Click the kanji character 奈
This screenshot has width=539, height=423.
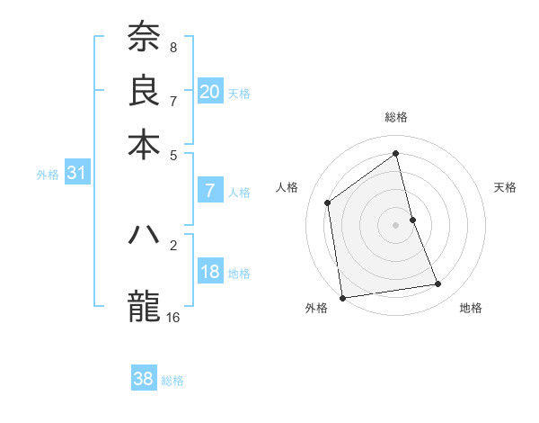click(144, 39)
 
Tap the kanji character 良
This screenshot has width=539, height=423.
click(144, 91)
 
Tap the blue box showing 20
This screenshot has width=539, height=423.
click(210, 92)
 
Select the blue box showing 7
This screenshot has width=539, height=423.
click(210, 191)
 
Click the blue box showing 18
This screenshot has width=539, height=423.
click(210, 272)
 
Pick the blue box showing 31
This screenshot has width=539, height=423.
click(76, 174)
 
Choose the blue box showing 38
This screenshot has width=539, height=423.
click(144, 379)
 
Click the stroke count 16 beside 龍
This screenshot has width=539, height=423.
click(173, 317)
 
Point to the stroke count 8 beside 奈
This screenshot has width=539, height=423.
click(172, 47)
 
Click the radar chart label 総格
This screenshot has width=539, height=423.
click(396, 117)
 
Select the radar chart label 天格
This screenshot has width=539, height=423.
click(506, 187)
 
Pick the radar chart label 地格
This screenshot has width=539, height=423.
click(471, 308)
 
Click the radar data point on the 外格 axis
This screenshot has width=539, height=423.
click(342, 297)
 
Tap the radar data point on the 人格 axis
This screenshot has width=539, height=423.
click(328, 202)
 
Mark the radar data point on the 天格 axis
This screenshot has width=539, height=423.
click(412, 220)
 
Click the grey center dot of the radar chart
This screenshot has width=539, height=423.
click(396, 225)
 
